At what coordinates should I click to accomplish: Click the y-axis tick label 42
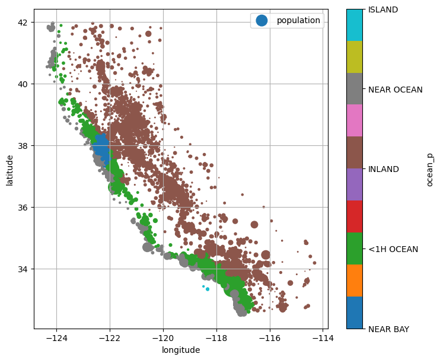[23, 23]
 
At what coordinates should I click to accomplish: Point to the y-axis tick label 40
[23, 84]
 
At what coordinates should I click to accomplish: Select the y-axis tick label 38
[23, 146]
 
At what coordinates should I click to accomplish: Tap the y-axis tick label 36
[23, 208]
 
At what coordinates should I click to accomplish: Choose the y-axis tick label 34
[23, 269]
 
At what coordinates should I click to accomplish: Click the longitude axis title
[181, 350]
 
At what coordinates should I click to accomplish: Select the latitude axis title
[10, 169]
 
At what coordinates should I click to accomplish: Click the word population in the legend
[298, 21]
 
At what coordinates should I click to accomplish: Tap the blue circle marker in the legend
[261, 21]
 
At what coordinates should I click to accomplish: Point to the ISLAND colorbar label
[383, 9]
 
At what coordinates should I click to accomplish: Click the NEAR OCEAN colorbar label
[395, 90]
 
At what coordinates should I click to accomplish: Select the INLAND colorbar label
[384, 169]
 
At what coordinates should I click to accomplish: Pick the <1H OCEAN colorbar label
[393, 249]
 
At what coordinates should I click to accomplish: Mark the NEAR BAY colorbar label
[388, 329]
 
